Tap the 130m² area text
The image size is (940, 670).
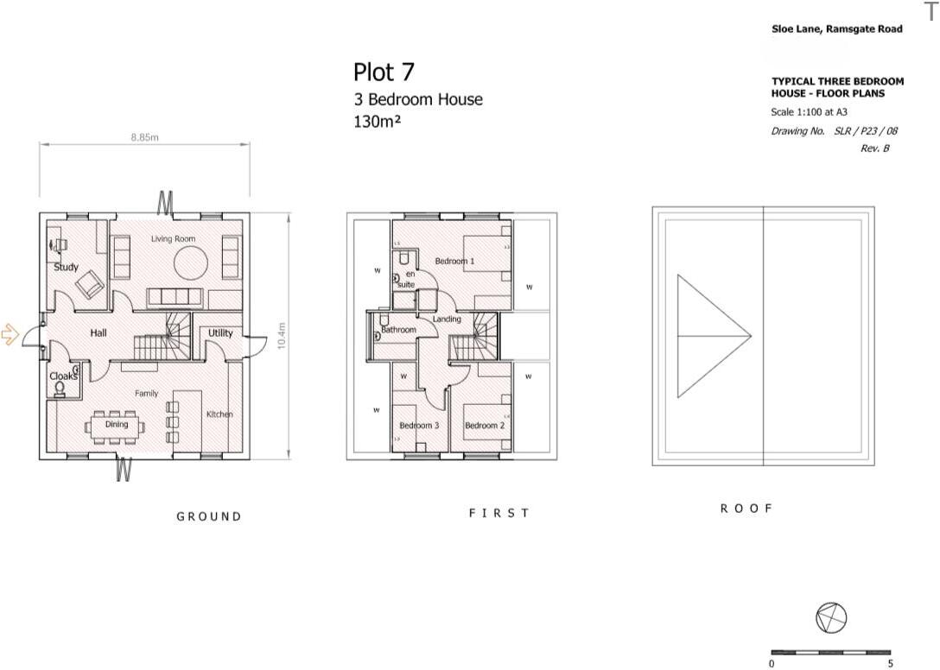tap(378, 122)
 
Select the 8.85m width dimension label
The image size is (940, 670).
tap(143, 137)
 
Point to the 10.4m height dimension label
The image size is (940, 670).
tap(281, 336)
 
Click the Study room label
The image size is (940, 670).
tap(67, 268)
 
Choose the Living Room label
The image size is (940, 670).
tap(173, 238)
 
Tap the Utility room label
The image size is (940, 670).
tap(220, 332)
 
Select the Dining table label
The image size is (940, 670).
tap(117, 424)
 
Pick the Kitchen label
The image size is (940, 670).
tap(219, 414)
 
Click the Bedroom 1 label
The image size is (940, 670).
tap(454, 261)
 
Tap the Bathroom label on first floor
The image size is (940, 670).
tap(398, 330)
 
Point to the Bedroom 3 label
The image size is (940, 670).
tap(419, 426)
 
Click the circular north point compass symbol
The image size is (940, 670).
tap(831, 616)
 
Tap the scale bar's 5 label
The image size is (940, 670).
tap(890, 664)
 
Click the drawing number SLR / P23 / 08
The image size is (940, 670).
tap(866, 131)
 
